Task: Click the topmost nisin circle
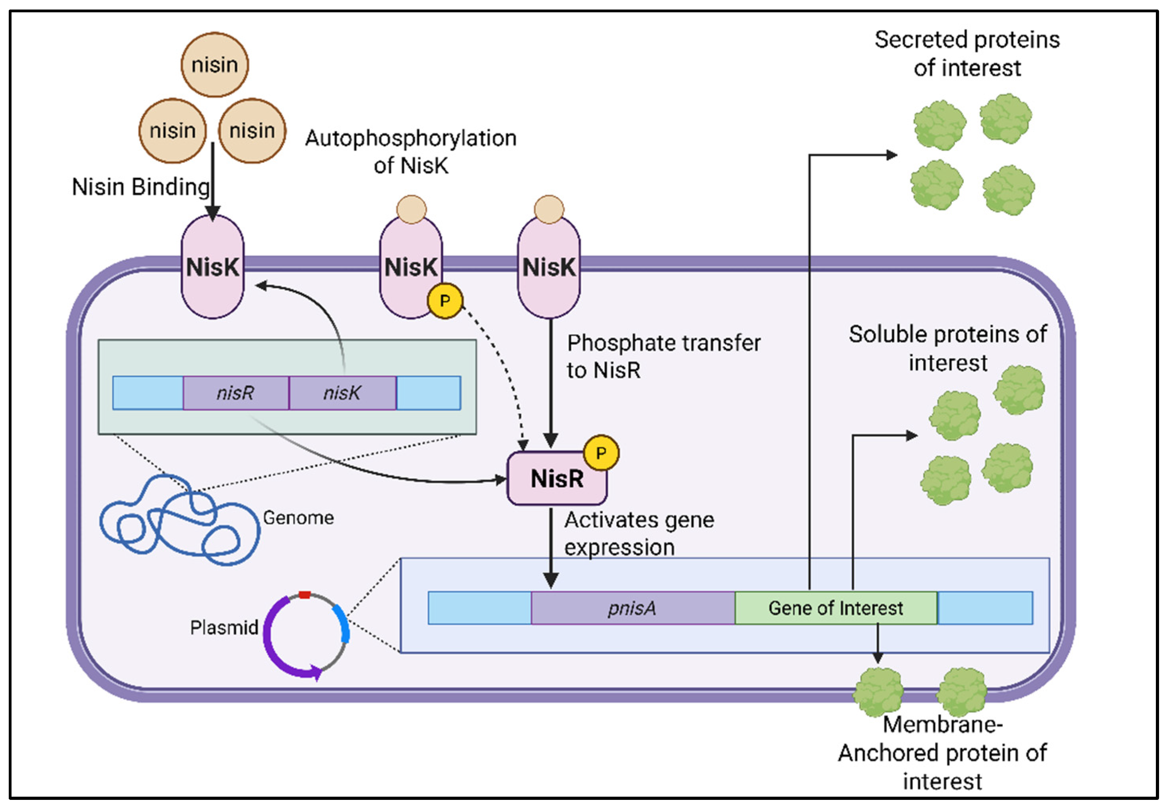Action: tap(215, 65)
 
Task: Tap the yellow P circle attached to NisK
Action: tap(445, 301)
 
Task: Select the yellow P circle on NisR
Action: tap(601, 453)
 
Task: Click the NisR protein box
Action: tap(556, 479)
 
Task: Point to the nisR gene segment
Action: tap(235, 393)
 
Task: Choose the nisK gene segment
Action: tap(342, 393)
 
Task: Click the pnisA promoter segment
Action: tap(632, 608)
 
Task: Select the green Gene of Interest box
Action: tap(835, 608)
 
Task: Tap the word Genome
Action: tap(298, 517)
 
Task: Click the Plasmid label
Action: tap(224, 628)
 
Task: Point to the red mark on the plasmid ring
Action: tap(305, 595)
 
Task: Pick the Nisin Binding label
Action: tap(140, 187)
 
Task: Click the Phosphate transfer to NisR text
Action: tap(663, 356)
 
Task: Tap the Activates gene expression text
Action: tap(639, 534)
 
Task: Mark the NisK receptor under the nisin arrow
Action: tap(213, 267)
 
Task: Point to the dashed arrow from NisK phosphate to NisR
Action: tap(502, 365)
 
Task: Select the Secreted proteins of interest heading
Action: tap(967, 54)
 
